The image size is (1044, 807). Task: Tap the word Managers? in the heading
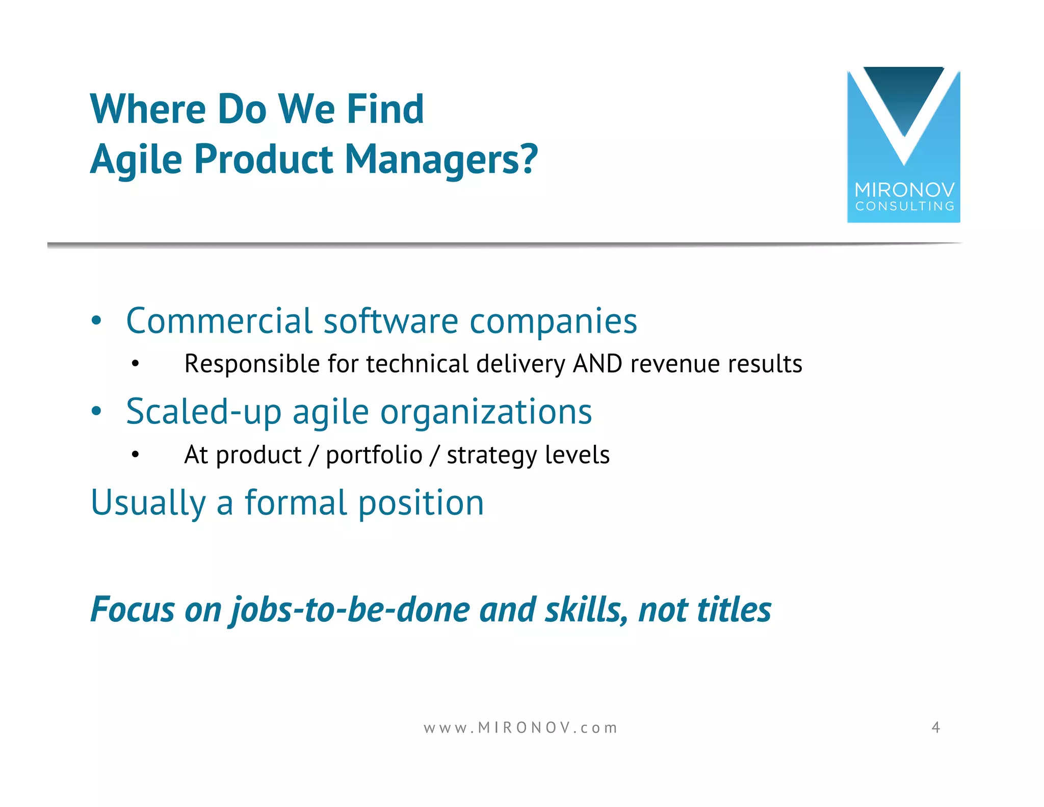click(441, 159)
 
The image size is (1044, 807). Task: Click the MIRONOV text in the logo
click(904, 190)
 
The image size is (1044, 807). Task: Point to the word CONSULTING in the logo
click(904, 207)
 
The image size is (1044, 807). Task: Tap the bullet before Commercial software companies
click(96, 321)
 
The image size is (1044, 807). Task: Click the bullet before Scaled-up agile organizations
click(96, 411)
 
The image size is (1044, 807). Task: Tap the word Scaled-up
click(203, 412)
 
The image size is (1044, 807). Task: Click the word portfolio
click(374, 455)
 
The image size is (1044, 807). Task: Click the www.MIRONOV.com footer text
click(520, 728)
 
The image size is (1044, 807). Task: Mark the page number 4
click(935, 727)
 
